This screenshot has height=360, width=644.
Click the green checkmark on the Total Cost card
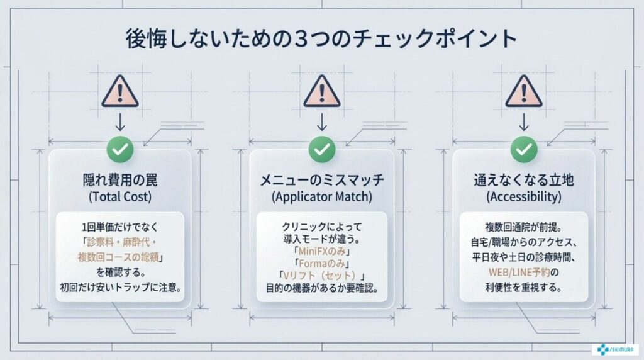[120, 149]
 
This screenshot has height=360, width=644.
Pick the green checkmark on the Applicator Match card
[322, 149]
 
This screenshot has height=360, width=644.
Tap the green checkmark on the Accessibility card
[524, 149]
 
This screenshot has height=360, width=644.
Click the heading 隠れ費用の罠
[120, 180]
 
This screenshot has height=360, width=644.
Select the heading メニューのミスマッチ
[322, 180]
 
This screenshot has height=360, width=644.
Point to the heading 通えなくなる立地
[524, 180]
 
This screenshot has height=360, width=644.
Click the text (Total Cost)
[120, 197]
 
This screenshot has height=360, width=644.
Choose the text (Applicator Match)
[322, 197]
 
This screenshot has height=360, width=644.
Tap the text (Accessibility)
[524, 197]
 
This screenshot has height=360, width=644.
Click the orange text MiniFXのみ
[322, 251]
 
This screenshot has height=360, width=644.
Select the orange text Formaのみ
[322, 264]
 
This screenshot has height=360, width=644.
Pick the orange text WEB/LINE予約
[519, 272]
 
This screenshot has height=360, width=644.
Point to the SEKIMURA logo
[615, 349]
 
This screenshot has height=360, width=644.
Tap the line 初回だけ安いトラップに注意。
[121, 287]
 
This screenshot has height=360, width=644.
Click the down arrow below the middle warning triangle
[322, 121]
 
